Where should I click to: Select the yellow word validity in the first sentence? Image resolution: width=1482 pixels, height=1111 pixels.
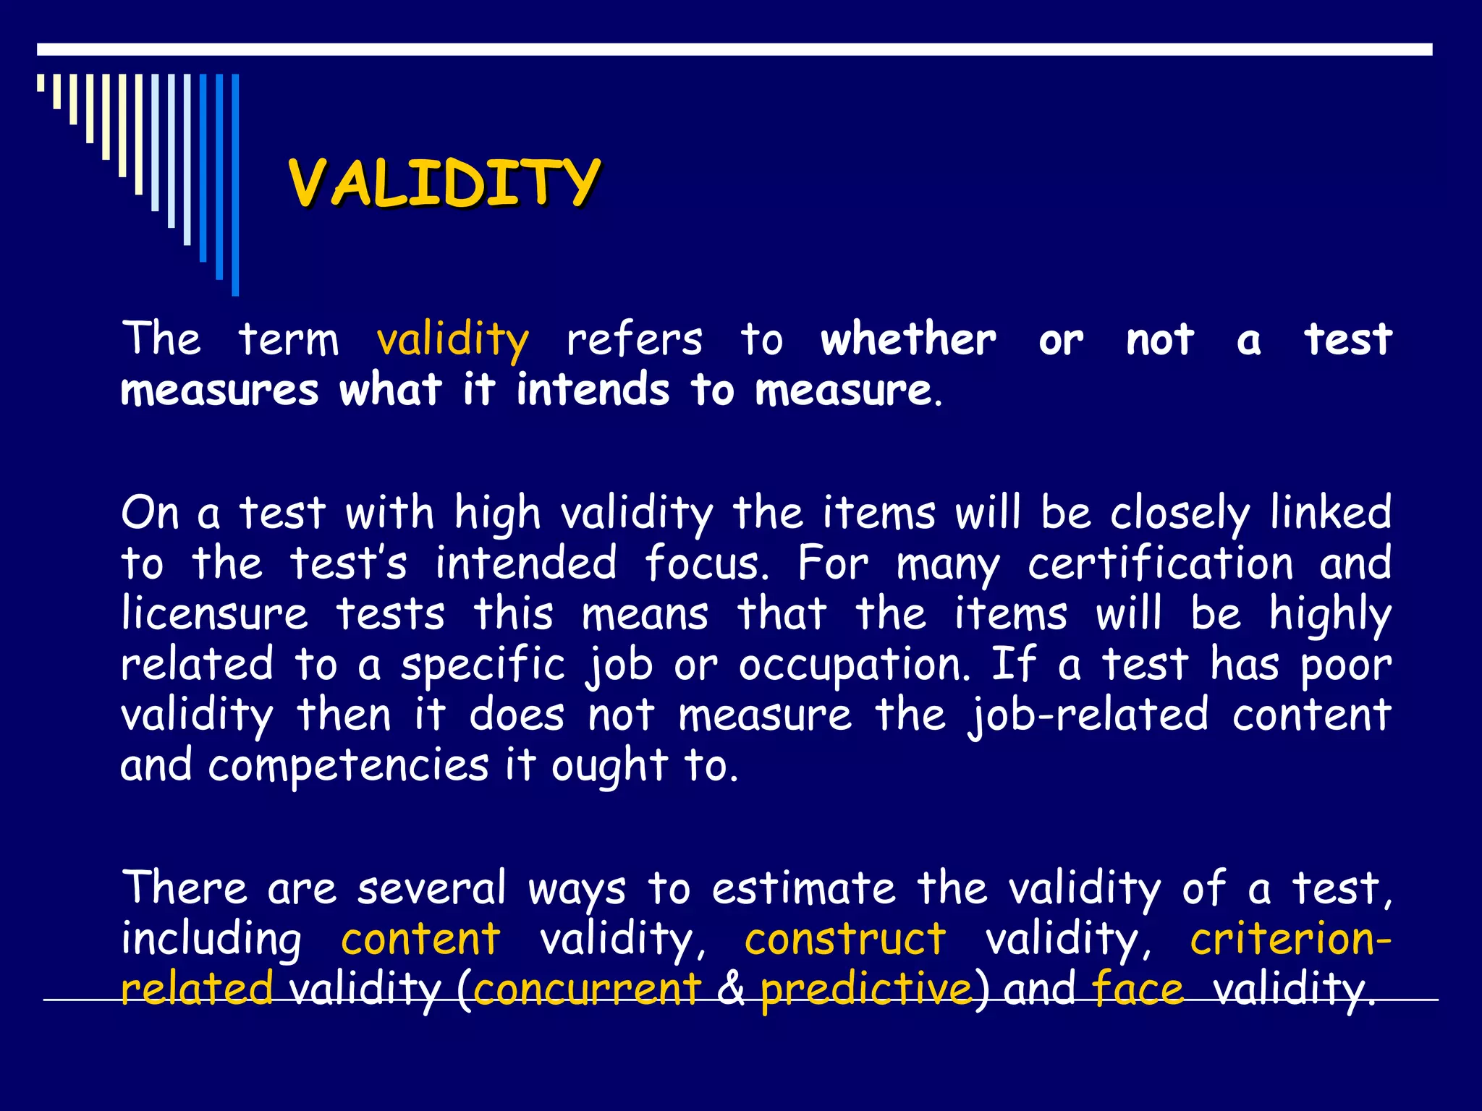[x=453, y=339]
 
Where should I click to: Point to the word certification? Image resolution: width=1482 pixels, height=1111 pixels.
[x=1160, y=563]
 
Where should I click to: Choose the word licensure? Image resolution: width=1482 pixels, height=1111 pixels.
[x=215, y=614]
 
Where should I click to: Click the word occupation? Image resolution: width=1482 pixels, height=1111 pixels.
[x=854, y=665]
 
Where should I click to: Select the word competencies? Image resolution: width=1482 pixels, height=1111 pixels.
[x=348, y=766]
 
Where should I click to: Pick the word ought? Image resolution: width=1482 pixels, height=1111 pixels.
[x=609, y=766]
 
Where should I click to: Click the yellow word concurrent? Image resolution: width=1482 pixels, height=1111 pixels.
[x=587, y=989]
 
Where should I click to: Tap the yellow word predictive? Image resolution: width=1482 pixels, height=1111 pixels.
[x=866, y=989]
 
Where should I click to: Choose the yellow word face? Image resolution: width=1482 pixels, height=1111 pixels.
[x=1138, y=989]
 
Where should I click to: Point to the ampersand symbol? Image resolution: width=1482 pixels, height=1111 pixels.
[x=732, y=989]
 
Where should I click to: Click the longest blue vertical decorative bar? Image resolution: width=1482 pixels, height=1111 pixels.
[x=235, y=184]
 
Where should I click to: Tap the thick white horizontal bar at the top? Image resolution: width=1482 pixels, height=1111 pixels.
[x=734, y=49]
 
